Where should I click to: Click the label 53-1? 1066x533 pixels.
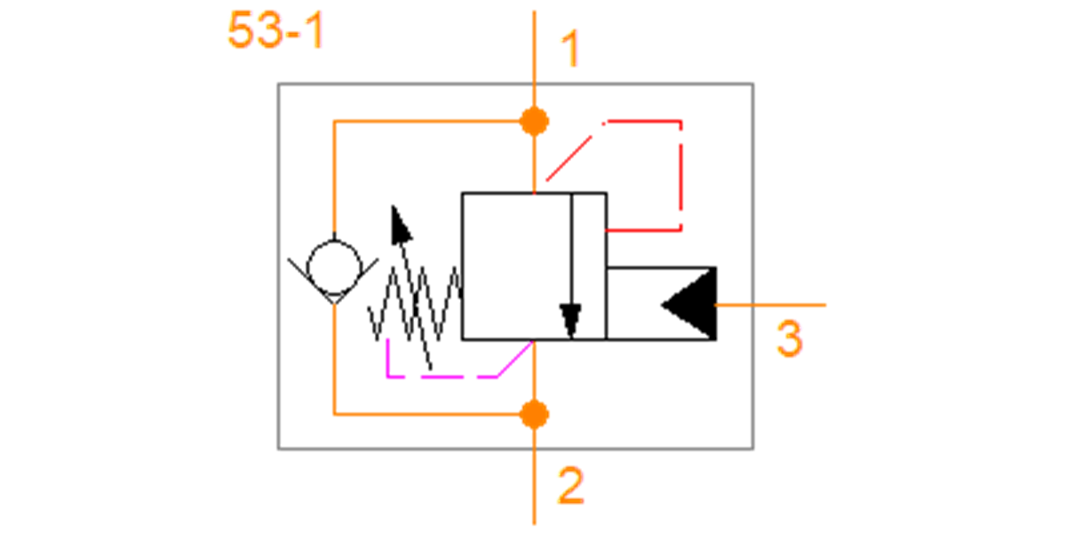pyautogui.click(x=276, y=30)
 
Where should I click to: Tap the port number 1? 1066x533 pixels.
pyautogui.click(x=570, y=49)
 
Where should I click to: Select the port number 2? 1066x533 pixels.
pyautogui.click(x=570, y=485)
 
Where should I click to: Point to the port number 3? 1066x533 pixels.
pyautogui.click(x=790, y=338)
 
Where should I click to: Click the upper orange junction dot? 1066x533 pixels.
pyautogui.click(x=535, y=122)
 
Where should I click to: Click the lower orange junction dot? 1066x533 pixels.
pyautogui.click(x=535, y=415)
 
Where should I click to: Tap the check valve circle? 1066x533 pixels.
pyautogui.click(x=335, y=267)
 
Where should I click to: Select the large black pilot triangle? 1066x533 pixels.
pyautogui.click(x=690, y=304)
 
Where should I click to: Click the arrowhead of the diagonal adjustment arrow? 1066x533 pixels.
pyautogui.click(x=401, y=225)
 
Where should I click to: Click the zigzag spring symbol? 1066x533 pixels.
pyautogui.click(x=415, y=304)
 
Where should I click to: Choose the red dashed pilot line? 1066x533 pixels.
pyautogui.click(x=681, y=176)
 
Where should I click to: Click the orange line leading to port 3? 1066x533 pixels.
pyautogui.click(x=771, y=305)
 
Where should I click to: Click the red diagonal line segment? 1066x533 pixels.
pyautogui.click(x=569, y=158)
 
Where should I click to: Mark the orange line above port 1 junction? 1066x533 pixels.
pyautogui.click(x=535, y=59)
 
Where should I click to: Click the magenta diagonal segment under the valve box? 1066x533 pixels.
pyautogui.click(x=515, y=359)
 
